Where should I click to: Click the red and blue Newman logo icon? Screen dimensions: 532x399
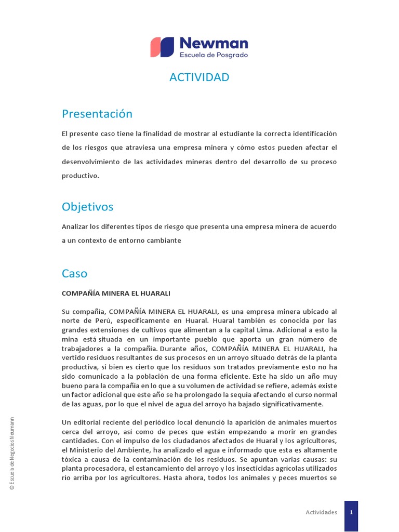(x=162, y=47)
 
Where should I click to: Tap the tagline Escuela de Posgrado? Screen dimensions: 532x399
(x=214, y=55)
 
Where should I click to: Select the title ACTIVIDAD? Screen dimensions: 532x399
(x=199, y=77)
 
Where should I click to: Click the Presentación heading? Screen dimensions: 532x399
(x=97, y=114)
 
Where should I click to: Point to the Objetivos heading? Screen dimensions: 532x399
(x=87, y=207)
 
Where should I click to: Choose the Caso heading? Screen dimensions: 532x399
(x=75, y=273)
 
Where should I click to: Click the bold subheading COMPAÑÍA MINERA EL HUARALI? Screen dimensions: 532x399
(x=116, y=294)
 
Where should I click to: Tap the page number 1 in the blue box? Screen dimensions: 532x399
(x=351, y=512)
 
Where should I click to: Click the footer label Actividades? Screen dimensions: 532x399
(x=321, y=512)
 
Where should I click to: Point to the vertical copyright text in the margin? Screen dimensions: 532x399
(x=13, y=453)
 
